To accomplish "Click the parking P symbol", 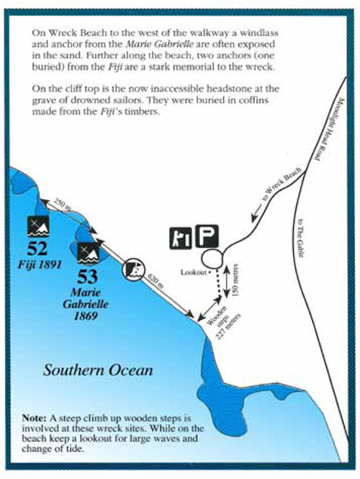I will coord(210,238).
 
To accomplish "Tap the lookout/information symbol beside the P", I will coord(182,238).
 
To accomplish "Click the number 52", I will coord(37,249).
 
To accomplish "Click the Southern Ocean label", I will coord(97,370).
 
